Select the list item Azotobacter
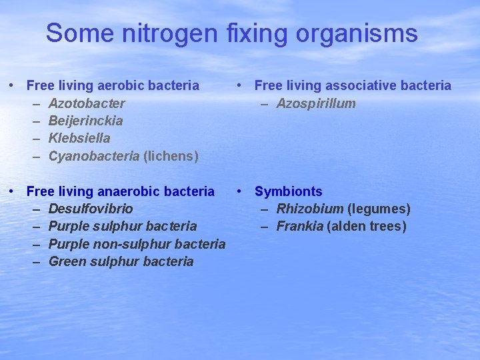[x=87, y=103]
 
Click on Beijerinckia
[x=85, y=121]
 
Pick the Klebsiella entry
[x=79, y=138]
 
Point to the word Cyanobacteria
[x=94, y=156]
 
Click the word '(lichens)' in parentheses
[x=171, y=156]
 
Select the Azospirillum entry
[x=316, y=103]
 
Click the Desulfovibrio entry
[x=91, y=209]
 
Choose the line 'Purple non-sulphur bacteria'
[x=137, y=244]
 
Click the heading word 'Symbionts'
[x=288, y=191]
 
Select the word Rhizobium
[x=310, y=209]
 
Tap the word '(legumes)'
[x=379, y=209]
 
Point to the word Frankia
[x=300, y=226]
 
